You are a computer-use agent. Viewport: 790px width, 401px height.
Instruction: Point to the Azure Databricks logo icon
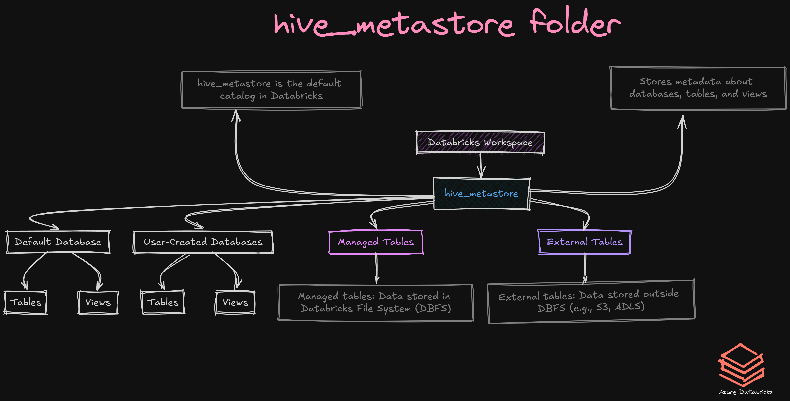click(742, 365)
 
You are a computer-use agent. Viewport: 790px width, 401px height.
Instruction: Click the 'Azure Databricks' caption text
click(746, 392)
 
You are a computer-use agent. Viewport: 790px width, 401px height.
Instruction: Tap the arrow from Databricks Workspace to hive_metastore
click(481, 166)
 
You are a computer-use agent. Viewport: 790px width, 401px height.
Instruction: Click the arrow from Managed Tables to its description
click(377, 269)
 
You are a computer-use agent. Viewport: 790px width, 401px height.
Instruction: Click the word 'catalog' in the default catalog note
click(238, 96)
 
